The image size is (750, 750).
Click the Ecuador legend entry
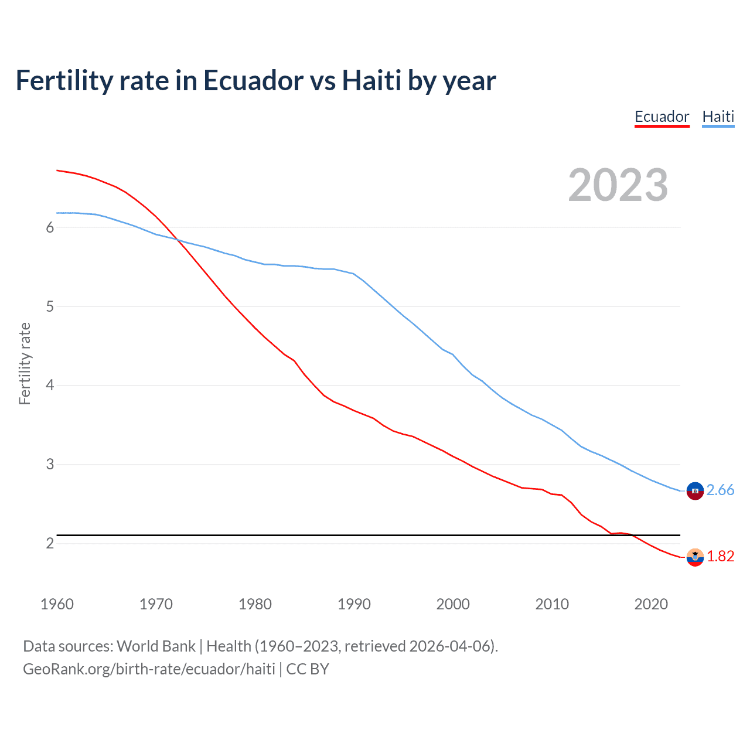click(662, 117)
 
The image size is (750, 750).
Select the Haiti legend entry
click(718, 117)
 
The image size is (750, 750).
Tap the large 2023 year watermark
click(618, 185)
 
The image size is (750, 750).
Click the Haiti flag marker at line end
click(695, 491)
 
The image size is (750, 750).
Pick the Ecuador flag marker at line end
click(695, 557)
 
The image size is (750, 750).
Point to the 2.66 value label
click(720, 490)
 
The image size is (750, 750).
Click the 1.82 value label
click(720, 556)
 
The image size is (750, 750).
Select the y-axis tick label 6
click(50, 227)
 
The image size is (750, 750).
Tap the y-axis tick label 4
click(50, 386)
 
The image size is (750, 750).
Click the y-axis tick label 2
click(50, 543)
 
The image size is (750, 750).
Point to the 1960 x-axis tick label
click(57, 604)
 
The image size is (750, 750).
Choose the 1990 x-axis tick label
click(354, 604)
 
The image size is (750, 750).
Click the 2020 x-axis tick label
click(651, 604)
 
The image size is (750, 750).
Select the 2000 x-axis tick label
click(453, 604)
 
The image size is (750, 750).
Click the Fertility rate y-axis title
click(25, 363)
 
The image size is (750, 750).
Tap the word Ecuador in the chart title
click(253, 81)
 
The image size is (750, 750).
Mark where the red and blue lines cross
click(178, 240)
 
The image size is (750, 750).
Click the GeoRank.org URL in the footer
click(149, 669)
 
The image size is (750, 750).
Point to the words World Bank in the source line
click(156, 646)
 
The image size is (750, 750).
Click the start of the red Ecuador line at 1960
click(57, 171)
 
